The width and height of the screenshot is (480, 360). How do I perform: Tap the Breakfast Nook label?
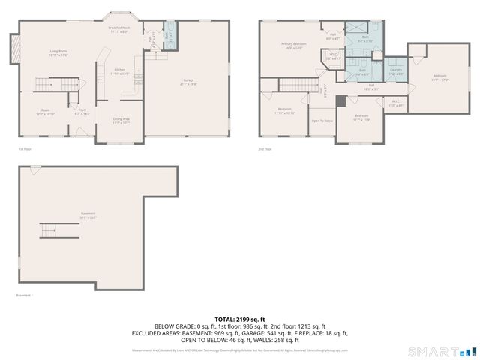point(119,30)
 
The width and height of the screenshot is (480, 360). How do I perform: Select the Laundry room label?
point(395,72)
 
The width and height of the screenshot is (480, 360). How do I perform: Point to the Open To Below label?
point(322,121)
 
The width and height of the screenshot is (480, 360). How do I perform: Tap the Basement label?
point(88,216)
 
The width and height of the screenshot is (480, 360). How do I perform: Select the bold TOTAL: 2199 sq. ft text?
point(239,319)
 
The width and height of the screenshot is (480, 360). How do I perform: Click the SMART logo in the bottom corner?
point(441,351)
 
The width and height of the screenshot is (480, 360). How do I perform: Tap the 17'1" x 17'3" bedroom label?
point(440,77)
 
